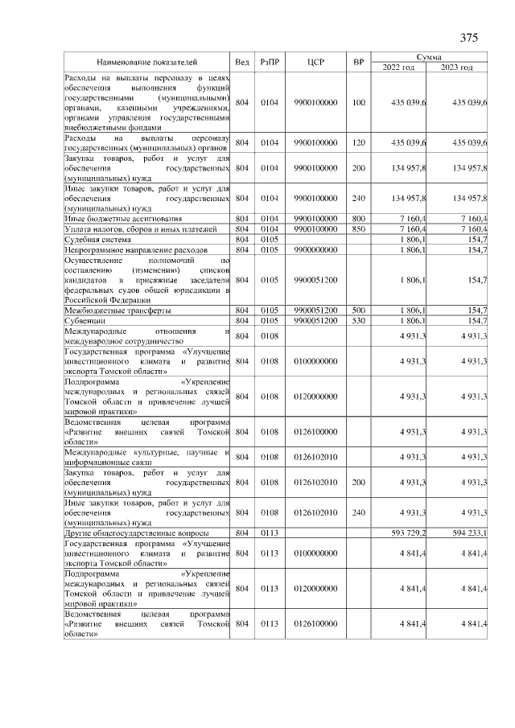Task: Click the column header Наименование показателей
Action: [147, 62]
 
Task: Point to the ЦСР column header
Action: [315, 62]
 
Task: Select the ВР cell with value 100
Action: [359, 102]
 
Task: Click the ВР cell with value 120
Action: [359, 142]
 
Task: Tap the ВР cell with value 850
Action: [359, 229]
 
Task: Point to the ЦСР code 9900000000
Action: [315, 250]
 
